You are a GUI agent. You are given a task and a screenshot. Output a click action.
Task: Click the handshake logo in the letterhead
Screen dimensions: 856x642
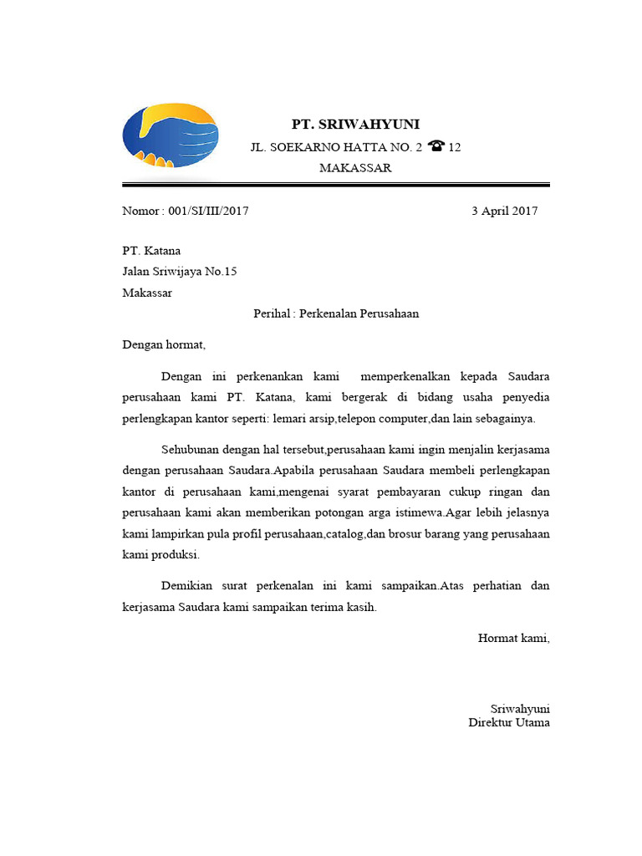coord(170,135)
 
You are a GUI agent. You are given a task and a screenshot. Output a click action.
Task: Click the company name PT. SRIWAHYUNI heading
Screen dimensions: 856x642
coord(355,125)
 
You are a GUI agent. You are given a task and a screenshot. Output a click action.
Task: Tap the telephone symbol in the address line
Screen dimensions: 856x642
coord(436,146)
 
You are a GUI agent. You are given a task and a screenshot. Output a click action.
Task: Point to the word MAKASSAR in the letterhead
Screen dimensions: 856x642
coord(355,168)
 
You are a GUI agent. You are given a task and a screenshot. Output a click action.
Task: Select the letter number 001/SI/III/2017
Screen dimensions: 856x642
coord(208,211)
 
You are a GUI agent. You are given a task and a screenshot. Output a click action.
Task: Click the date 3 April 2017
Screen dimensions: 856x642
coord(505,211)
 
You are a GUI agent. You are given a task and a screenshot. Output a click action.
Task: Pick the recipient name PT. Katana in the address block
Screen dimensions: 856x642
coord(151,251)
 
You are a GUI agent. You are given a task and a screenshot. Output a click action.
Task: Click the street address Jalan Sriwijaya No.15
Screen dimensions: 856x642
coord(180,272)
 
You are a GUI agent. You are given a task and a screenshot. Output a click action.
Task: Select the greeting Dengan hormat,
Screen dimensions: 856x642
coord(163,344)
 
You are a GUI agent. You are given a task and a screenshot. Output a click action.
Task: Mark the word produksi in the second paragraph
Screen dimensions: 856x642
coord(175,555)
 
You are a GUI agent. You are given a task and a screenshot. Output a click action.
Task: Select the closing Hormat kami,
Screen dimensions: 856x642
coord(513,639)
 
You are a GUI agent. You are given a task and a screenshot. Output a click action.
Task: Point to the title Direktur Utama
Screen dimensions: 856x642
coord(509,722)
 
